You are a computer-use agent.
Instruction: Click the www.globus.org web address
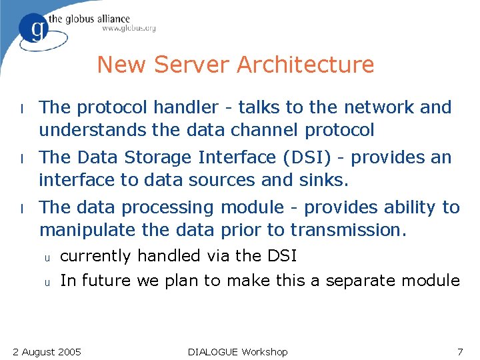(x=129, y=28)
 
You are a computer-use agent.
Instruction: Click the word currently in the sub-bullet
(x=95, y=255)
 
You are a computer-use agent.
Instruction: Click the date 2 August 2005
(x=47, y=351)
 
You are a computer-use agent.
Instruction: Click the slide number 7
(x=459, y=351)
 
